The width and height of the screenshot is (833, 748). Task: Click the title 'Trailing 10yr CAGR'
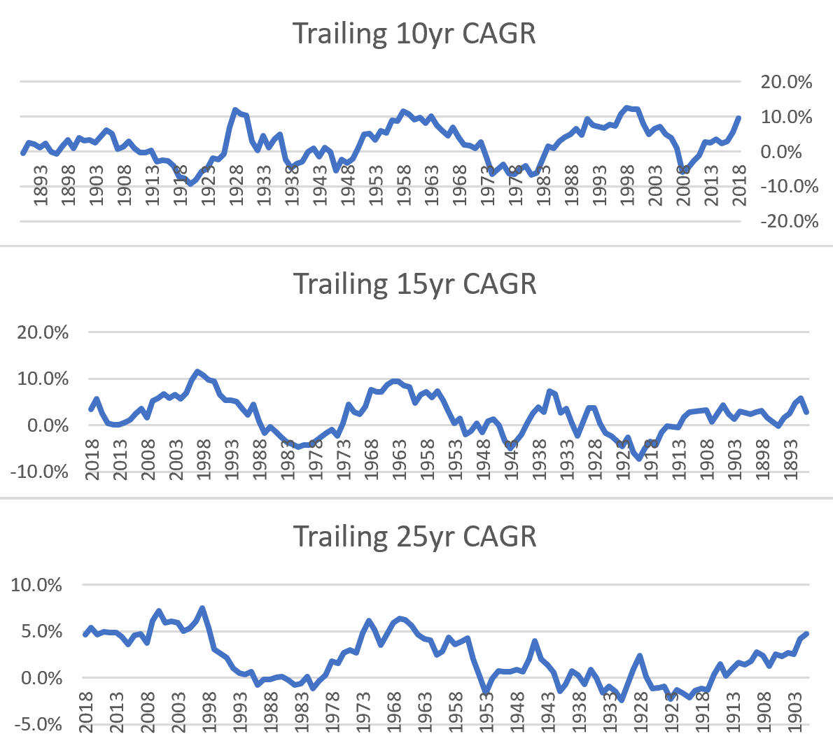[x=414, y=34]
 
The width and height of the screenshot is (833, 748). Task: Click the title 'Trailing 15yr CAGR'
[x=414, y=284]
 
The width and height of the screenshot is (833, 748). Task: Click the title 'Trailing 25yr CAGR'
[x=414, y=537]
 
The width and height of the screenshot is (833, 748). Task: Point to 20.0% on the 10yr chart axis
[x=786, y=82]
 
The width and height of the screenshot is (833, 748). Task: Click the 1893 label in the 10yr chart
[x=41, y=185]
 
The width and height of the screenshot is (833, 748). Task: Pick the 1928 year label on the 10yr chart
[x=236, y=185]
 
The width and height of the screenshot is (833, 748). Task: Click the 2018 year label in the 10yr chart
[x=739, y=185]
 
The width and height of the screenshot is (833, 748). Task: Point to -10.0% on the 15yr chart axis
[x=39, y=472]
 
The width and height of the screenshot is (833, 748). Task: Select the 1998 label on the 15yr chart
[x=204, y=460]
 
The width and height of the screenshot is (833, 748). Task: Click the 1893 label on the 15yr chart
[x=791, y=460]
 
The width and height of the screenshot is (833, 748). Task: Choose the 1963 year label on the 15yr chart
[x=400, y=460]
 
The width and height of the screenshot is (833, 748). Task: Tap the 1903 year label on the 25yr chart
[x=795, y=712]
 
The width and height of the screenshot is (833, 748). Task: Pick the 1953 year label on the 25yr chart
[x=486, y=712]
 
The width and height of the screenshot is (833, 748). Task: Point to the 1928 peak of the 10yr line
[x=235, y=110]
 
